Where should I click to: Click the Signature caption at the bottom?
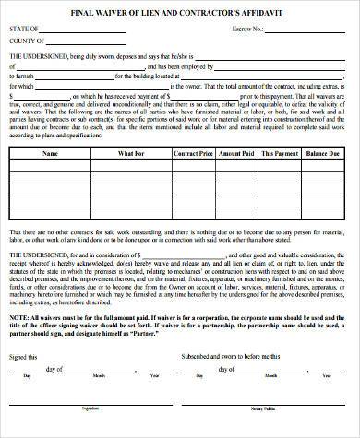tap(90, 431)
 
